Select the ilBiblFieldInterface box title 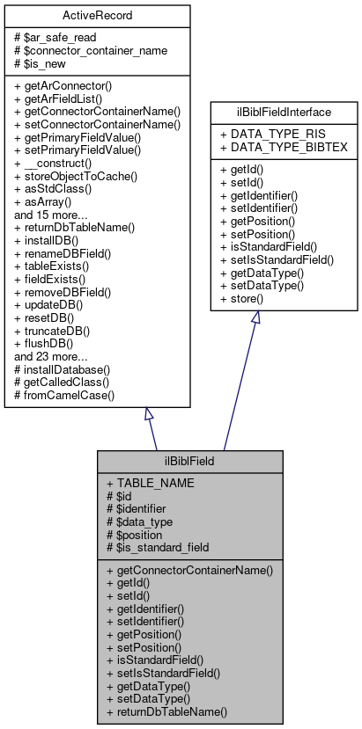pos(283,112)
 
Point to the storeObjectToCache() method pos(75,175)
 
